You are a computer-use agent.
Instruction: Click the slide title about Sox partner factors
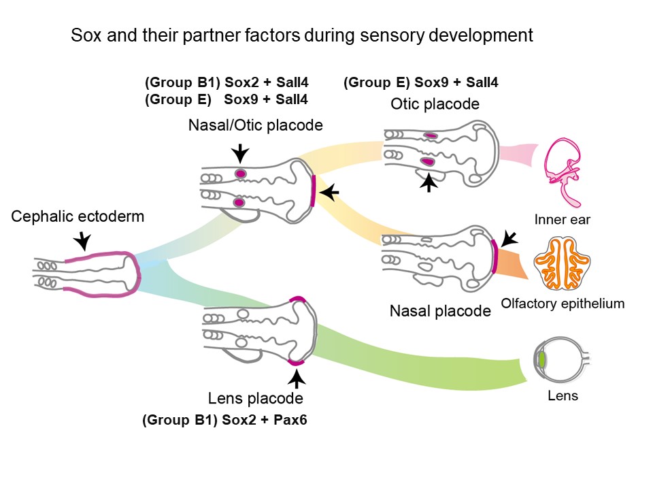(302, 36)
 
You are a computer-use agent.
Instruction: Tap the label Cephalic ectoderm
(78, 217)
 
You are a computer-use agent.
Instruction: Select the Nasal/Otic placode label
(256, 126)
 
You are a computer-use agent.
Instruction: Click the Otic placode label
(435, 104)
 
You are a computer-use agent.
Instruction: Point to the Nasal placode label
(440, 311)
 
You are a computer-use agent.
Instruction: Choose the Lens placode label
(256, 397)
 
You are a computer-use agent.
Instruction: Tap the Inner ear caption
(562, 220)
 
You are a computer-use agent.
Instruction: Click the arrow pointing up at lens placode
(297, 377)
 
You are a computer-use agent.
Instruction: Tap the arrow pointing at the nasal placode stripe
(508, 238)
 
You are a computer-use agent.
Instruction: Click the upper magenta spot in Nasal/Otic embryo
(239, 174)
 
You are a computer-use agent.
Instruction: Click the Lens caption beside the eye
(563, 395)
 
